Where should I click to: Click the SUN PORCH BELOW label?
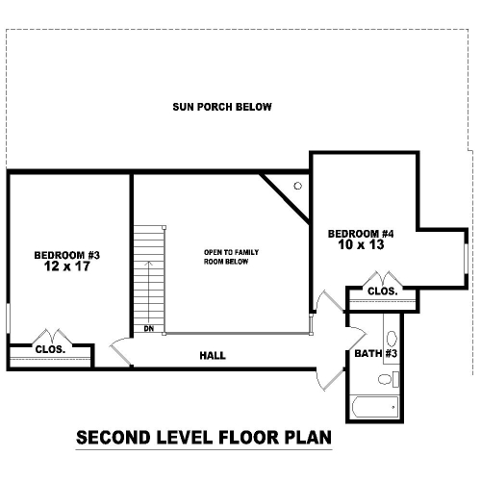(222, 107)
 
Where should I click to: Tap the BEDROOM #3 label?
(67, 255)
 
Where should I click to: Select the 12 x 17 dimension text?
(67, 266)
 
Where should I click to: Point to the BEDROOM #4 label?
(361, 234)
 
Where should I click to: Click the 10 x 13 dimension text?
(361, 244)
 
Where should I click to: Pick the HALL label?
(213, 355)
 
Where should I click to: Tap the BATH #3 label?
(376, 353)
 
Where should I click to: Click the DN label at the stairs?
(149, 329)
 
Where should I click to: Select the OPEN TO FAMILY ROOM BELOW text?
(231, 257)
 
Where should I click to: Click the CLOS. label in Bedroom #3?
(50, 349)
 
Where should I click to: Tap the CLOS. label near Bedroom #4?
(383, 291)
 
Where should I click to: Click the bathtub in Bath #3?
(375, 407)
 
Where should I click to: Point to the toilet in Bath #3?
(389, 379)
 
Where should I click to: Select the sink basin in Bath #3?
(392, 339)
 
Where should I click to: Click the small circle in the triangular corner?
(298, 186)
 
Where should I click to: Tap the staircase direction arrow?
(148, 292)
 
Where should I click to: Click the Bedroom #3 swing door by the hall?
(120, 351)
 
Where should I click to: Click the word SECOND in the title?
(114, 438)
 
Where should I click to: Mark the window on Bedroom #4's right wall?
(467, 259)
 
